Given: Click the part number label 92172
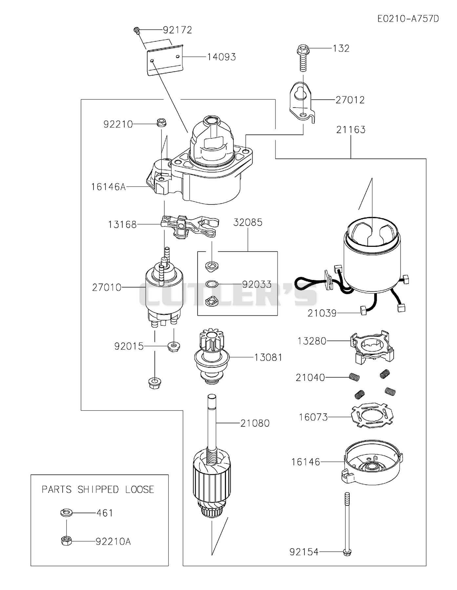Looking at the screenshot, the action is point(177,30).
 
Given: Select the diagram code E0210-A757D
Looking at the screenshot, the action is point(408,19).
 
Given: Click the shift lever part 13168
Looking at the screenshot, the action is point(190,226).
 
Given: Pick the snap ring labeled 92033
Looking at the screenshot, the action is point(212,284).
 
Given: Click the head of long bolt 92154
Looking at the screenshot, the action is point(347,552).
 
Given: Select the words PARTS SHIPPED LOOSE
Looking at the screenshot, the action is point(98,489).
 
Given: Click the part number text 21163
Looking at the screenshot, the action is point(351,130).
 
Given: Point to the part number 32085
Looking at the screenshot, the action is point(248,223).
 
